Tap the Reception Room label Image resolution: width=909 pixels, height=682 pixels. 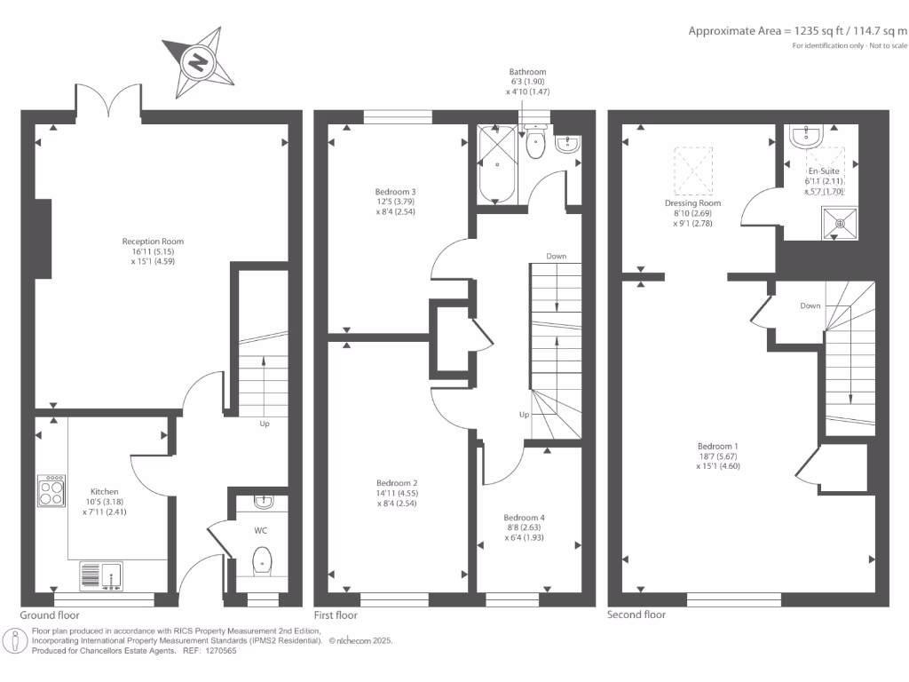(x=153, y=250)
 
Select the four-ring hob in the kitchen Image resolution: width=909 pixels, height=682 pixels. (x=51, y=490)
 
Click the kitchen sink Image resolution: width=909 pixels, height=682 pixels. (x=101, y=575)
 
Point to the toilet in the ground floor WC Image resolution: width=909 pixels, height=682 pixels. (x=261, y=561)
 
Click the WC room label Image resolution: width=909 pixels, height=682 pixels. (x=260, y=530)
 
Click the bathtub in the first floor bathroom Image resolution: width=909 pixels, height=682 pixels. (x=497, y=163)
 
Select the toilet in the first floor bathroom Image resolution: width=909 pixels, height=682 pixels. (x=534, y=145)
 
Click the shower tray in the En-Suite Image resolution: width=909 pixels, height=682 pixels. (x=835, y=223)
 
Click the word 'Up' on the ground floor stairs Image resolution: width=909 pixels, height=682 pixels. (x=265, y=424)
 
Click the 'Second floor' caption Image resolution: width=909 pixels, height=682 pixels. (x=636, y=615)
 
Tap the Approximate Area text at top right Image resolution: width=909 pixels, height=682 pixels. (x=797, y=30)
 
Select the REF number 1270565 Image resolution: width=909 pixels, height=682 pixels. (x=219, y=651)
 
